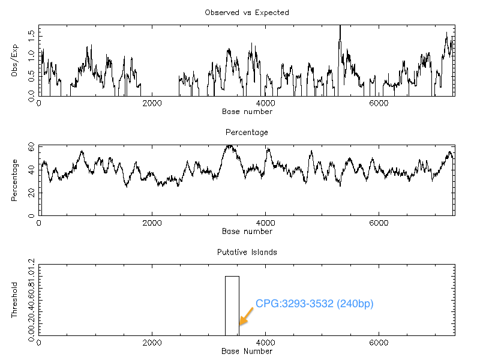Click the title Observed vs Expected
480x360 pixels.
pyautogui.click(x=247, y=13)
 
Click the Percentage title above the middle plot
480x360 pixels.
pyautogui.click(x=247, y=133)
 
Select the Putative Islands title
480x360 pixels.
pyautogui.click(x=247, y=252)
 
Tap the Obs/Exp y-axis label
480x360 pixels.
pyautogui.click(x=14, y=61)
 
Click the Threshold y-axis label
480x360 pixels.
pyautogui.click(x=14, y=301)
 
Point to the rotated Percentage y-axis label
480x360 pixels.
pyautogui.click(x=14, y=181)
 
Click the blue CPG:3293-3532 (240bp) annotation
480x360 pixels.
pyautogui.click(x=314, y=304)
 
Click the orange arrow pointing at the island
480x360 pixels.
pyautogui.click(x=246, y=316)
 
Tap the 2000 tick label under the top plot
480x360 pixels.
pyautogui.click(x=152, y=103)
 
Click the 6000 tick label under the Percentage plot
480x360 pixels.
pyautogui.click(x=379, y=223)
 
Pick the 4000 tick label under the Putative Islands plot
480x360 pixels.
pyautogui.click(x=265, y=343)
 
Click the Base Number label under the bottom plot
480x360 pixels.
pyautogui.click(x=247, y=351)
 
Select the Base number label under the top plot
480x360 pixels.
pyautogui.click(x=247, y=112)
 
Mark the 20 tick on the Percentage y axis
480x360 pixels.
pyautogui.click(x=32, y=193)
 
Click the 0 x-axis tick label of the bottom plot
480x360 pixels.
pyautogui.click(x=39, y=343)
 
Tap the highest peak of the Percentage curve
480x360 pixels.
pyautogui.click(x=229, y=146)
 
